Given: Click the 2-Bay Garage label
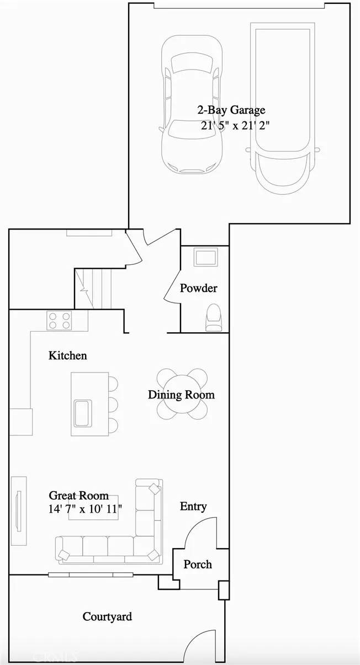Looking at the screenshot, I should [x=231, y=110].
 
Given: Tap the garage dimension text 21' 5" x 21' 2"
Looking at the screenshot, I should [x=235, y=125].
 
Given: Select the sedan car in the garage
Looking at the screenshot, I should [x=192, y=104].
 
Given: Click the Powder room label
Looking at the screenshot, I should [x=198, y=288].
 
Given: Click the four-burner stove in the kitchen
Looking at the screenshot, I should [x=60, y=321].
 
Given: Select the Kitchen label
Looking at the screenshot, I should [x=67, y=355].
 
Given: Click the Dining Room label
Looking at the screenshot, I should [x=181, y=395].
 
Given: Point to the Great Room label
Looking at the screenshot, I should [x=78, y=496].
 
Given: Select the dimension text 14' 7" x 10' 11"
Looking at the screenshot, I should [x=85, y=508].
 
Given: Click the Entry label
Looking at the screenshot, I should [x=193, y=506].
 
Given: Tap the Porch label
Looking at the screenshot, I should [x=198, y=565].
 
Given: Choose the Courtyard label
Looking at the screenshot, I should [x=107, y=616].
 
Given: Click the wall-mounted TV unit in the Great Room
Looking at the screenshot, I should [x=19, y=510].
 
